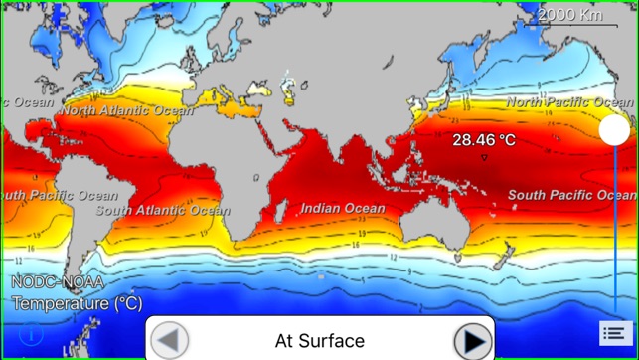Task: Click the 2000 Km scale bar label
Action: click(x=569, y=15)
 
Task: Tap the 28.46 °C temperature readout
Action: click(x=484, y=140)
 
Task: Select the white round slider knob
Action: click(x=614, y=129)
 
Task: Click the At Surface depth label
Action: click(x=319, y=341)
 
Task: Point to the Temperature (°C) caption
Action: click(x=77, y=303)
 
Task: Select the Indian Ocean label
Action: click(x=343, y=209)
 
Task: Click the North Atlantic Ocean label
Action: click(x=124, y=111)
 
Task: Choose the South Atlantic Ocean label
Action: click(x=163, y=211)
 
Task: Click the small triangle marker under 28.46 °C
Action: click(x=484, y=157)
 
